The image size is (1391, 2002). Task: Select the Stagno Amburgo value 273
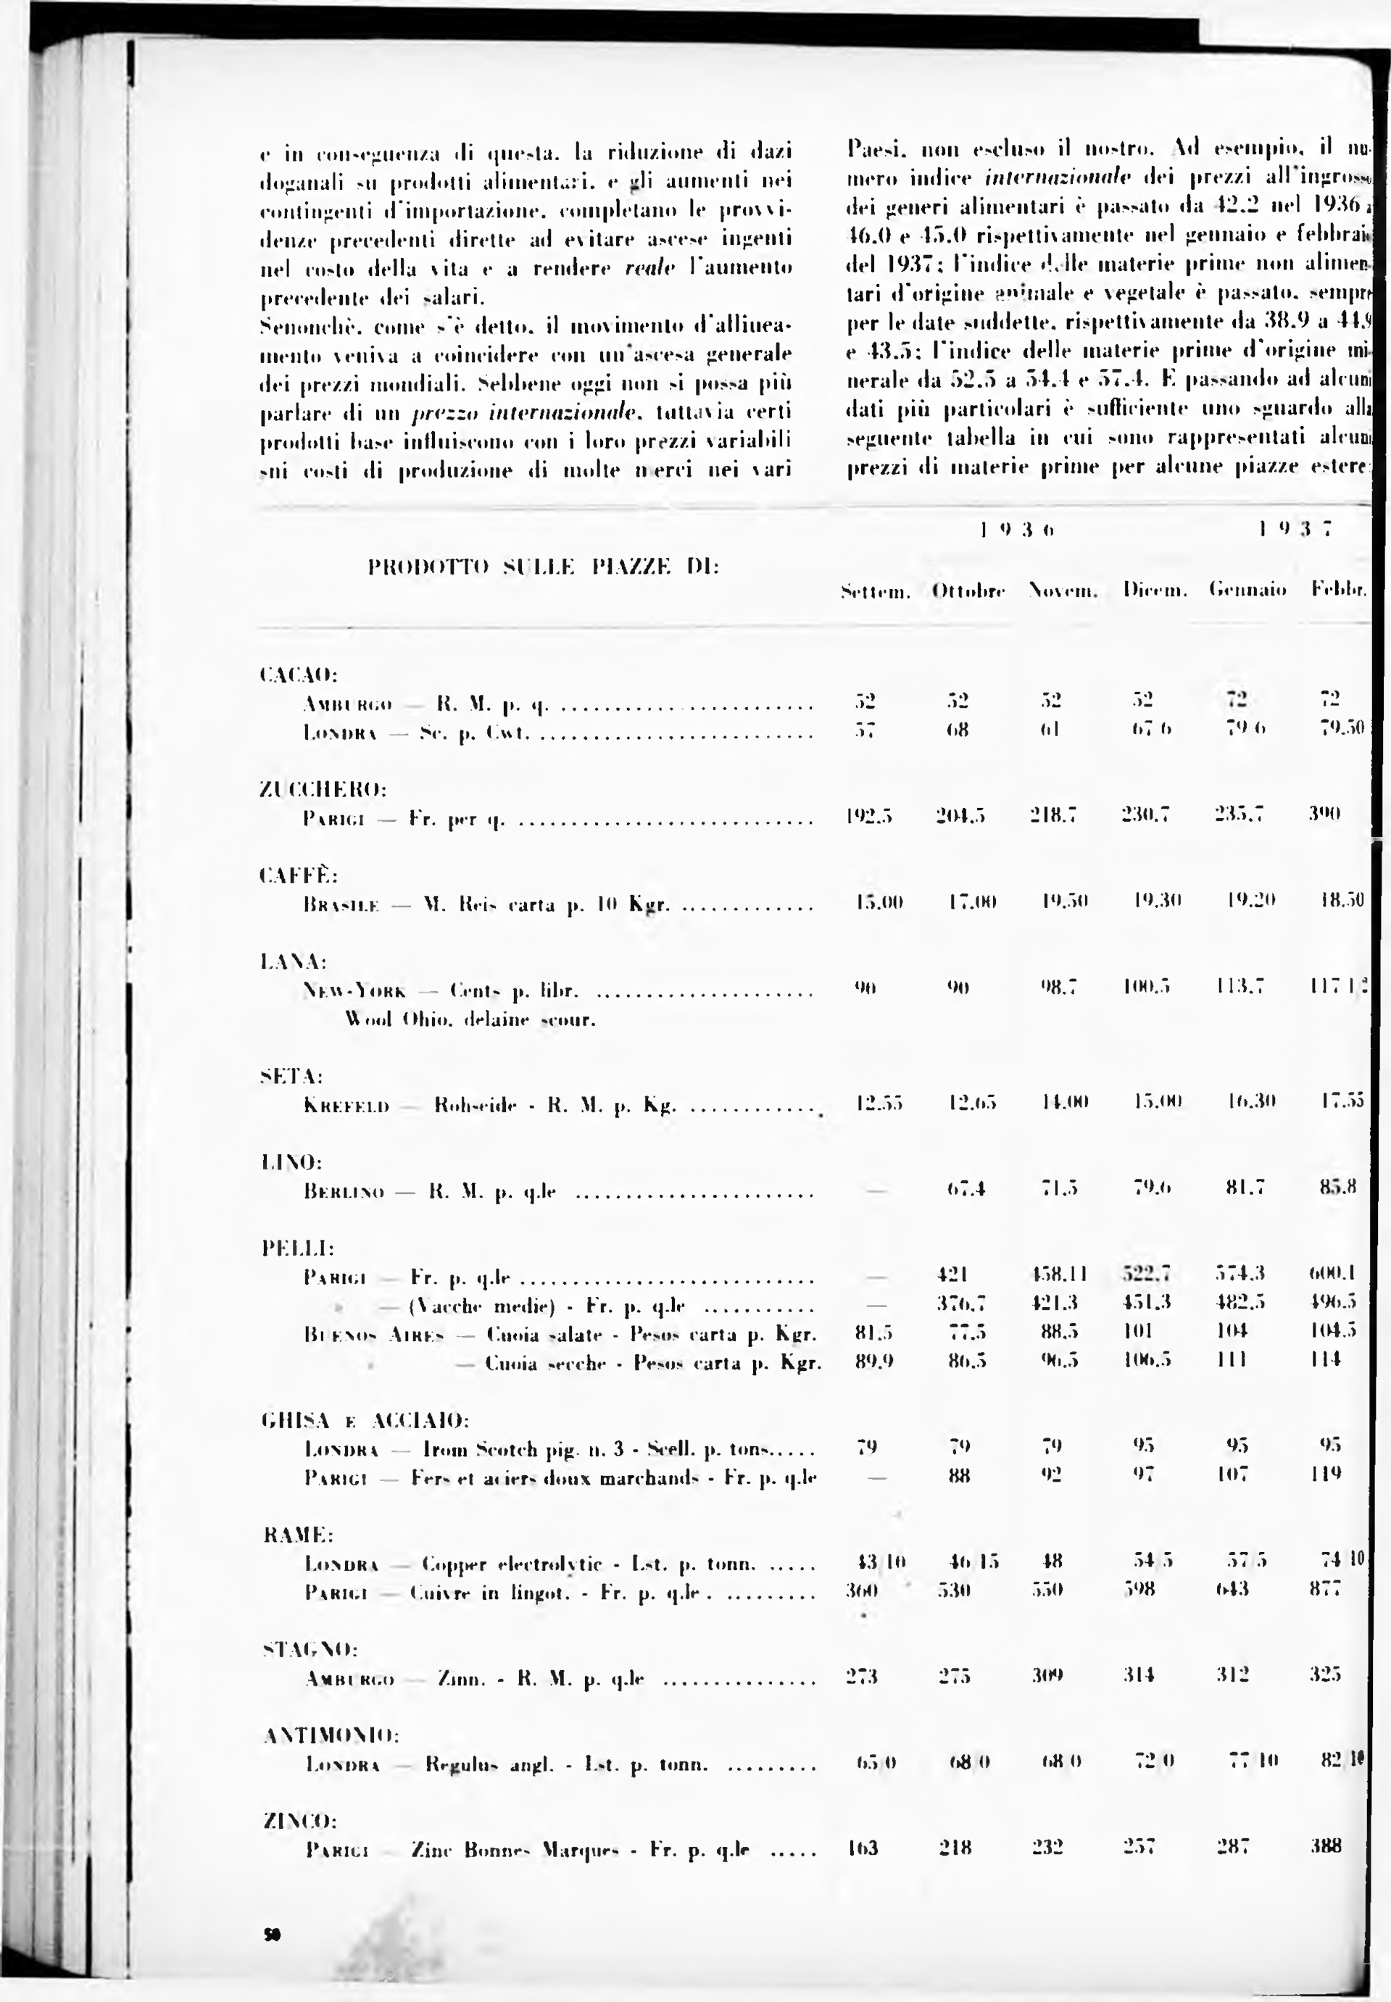coord(862,1674)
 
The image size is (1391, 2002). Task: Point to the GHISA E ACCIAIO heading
coord(365,1421)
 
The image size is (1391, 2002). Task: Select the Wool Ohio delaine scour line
coord(470,1019)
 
